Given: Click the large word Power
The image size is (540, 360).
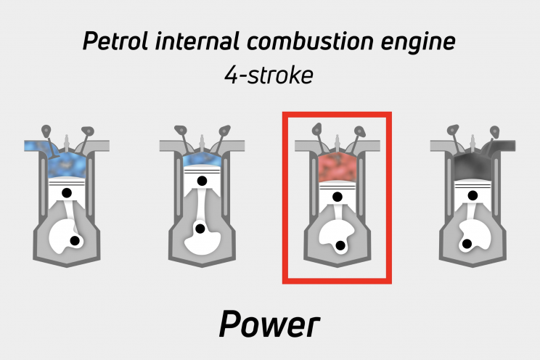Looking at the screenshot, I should pos(269,325).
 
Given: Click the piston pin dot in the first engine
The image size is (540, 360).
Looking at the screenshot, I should pos(67,192).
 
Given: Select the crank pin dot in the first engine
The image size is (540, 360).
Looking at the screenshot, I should pos(75,240).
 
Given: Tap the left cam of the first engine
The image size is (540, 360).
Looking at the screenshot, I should pos(46,131).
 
